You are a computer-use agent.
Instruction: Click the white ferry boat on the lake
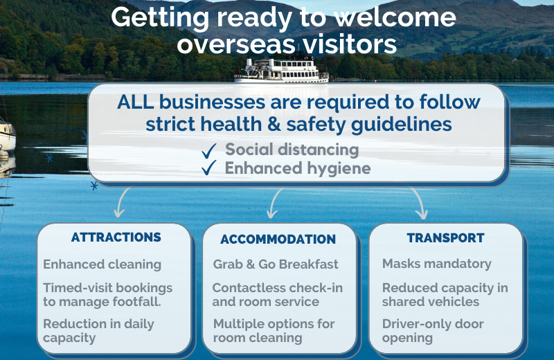click(x=282, y=71)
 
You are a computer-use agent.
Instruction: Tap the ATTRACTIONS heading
click(x=116, y=237)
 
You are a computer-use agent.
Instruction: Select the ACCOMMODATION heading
click(x=278, y=239)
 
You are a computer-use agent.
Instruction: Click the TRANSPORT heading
click(x=445, y=237)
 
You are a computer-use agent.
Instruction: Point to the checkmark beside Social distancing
click(x=209, y=150)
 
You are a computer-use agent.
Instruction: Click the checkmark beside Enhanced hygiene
click(x=209, y=168)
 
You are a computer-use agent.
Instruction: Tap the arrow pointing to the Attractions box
click(x=121, y=202)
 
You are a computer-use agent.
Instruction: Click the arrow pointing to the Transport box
click(x=419, y=203)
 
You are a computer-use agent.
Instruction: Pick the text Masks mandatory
click(x=437, y=264)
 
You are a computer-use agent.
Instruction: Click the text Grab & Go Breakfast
click(x=276, y=264)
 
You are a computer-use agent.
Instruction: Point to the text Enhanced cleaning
click(x=102, y=264)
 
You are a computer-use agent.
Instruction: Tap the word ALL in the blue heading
click(x=135, y=102)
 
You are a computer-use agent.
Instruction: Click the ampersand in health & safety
click(x=274, y=125)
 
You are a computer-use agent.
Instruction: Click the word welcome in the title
click(x=395, y=18)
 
